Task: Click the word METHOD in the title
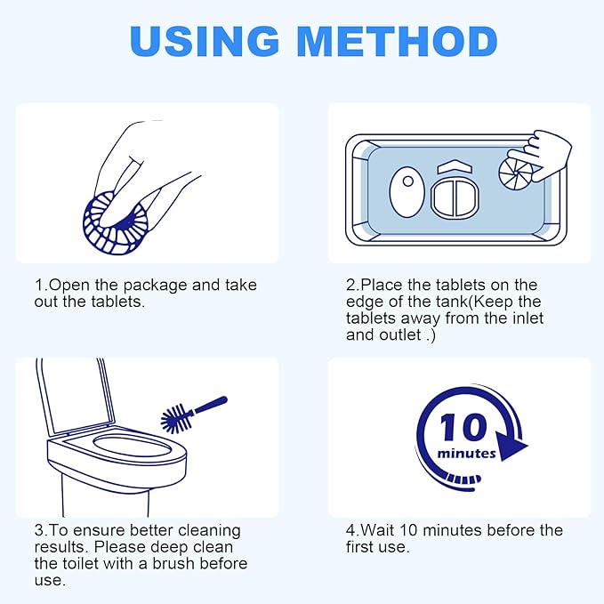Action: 397,42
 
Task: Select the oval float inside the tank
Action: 406,190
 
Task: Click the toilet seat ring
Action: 120,450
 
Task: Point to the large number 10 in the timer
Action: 463,429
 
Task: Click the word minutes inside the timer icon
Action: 466,454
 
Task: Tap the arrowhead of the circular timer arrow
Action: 511,445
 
